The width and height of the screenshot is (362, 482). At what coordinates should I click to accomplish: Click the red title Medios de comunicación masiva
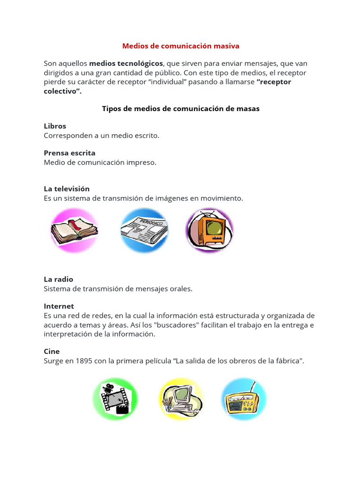(181, 46)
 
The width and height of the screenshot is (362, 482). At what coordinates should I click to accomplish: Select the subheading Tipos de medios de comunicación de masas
(181, 109)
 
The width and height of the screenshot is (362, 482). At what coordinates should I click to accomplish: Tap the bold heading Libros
(55, 126)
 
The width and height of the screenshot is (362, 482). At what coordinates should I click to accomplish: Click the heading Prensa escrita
(69, 153)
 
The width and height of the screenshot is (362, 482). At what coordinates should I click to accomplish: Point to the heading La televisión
(66, 189)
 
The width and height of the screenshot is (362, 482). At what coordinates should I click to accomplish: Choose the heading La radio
(58, 279)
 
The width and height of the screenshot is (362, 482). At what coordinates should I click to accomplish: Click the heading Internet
(59, 306)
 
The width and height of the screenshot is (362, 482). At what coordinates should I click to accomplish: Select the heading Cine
(52, 351)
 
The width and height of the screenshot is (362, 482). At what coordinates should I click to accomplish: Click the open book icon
(74, 231)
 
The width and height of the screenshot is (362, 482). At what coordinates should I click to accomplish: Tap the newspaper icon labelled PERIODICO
(144, 230)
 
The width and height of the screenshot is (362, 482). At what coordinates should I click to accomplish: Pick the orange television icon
(209, 230)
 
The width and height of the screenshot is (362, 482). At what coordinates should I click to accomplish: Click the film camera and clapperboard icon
(115, 398)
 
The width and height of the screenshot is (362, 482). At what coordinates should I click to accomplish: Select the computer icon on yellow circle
(181, 399)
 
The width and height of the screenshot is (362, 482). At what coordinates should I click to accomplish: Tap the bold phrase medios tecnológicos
(126, 64)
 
